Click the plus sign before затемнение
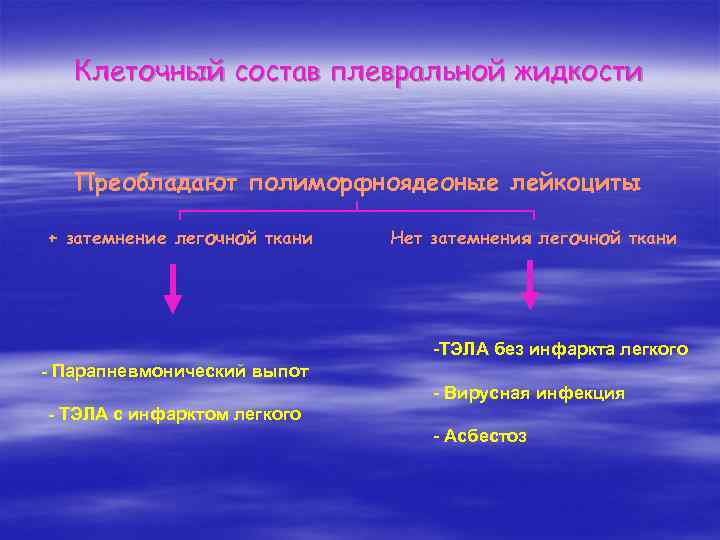coord(54,239)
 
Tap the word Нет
coord(406,239)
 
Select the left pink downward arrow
coord(173,291)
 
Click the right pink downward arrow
coord(530,288)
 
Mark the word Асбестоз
coord(484,437)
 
